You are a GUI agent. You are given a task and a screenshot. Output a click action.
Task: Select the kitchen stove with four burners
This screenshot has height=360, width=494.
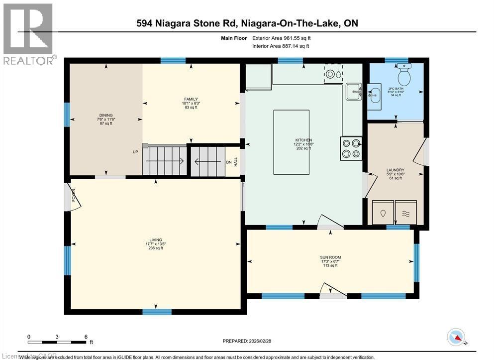point(351,148)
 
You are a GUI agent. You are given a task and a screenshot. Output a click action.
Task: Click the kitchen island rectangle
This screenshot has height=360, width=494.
point(291,142)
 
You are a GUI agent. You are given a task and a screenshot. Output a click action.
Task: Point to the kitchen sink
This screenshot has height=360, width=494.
point(353,90)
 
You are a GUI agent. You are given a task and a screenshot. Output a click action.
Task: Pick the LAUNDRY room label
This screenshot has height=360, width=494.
point(395,170)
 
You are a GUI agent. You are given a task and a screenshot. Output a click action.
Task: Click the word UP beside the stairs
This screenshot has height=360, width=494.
point(135,152)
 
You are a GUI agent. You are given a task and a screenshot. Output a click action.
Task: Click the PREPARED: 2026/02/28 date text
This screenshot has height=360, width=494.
point(247,341)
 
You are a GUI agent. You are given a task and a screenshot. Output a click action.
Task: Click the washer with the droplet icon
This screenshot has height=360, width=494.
point(383,213)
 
